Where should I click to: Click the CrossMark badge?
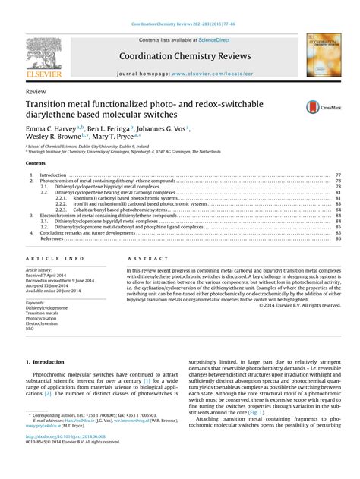coord(317,107)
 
